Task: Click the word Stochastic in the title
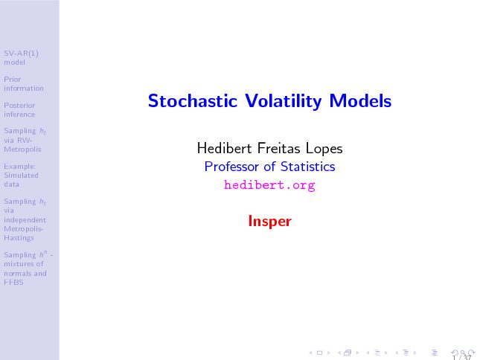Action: tap(193, 100)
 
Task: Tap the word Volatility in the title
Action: tap(284, 101)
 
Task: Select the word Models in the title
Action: tap(360, 100)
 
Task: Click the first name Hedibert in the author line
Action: tap(225, 148)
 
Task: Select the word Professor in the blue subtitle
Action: tap(231, 167)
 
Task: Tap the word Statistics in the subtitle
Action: tap(307, 167)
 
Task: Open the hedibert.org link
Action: tap(269, 185)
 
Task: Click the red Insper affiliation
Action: tap(269, 221)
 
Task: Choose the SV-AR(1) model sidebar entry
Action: tap(21, 58)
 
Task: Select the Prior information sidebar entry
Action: tap(24, 84)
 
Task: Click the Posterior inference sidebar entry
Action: tap(19, 110)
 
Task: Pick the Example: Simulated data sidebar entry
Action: tap(21, 176)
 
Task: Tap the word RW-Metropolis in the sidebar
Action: tap(22, 145)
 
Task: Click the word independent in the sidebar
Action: tap(25, 220)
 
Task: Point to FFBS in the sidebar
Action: tap(13, 283)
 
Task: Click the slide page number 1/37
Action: tap(463, 358)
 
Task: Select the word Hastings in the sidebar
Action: tap(19, 238)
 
